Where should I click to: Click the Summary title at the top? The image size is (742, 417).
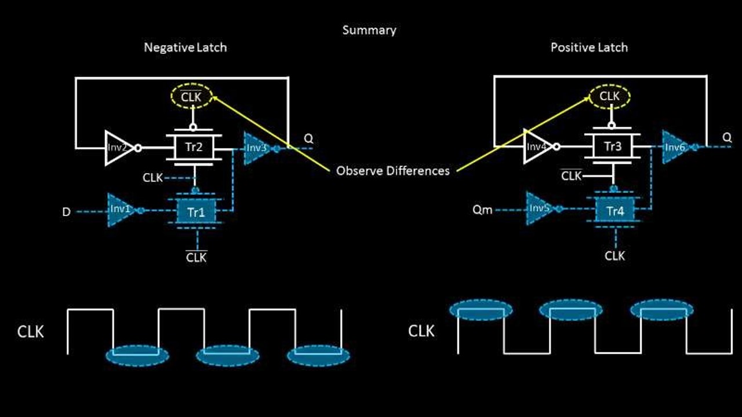pyautogui.click(x=369, y=30)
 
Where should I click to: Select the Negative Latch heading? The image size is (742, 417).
pyautogui.click(x=185, y=47)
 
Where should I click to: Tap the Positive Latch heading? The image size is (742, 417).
pyautogui.click(x=589, y=47)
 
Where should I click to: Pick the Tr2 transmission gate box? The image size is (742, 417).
pyautogui.click(x=194, y=147)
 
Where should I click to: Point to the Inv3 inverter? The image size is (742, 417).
pyautogui.click(x=256, y=148)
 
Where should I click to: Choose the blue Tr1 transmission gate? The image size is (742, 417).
pyautogui.click(x=196, y=212)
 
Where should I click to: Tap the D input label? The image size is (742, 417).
pyautogui.click(x=67, y=212)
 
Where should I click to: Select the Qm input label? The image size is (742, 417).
pyautogui.click(x=482, y=210)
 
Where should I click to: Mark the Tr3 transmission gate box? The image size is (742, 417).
pyautogui.click(x=613, y=147)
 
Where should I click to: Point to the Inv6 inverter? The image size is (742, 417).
pyautogui.click(x=675, y=147)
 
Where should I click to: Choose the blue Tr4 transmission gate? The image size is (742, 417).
pyautogui.click(x=614, y=212)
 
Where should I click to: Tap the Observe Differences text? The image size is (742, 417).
pyautogui.click(x=392, y=171)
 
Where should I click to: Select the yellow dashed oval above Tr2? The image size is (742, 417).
pyautogui.click(x=192, y=97)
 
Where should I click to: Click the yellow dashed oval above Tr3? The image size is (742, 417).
pyautogui.click(x=610, y=96)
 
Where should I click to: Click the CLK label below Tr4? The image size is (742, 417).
pyautogui.click(x=614, y=255)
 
